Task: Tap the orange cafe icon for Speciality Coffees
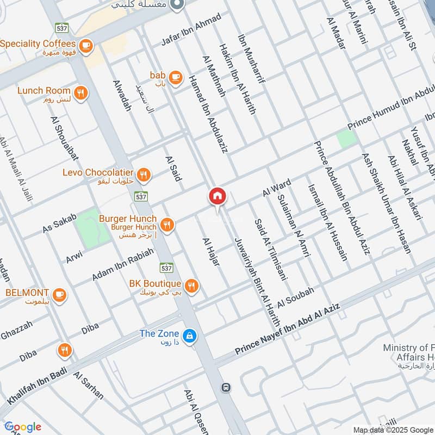(x=85, y=47)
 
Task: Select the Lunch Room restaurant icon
(x=80, y=94)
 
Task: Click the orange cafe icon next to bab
(x=175, y=78)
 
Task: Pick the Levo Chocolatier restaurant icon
(x=143, y=175)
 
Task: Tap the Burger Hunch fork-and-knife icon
(x=167, y=224)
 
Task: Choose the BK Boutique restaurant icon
(x=191, y=286)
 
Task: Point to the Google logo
(x=23, y=427)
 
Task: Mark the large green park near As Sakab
(x=92, y=228)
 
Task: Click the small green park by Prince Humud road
(x=346, y=139)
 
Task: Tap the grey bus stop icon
(x=226, y=388)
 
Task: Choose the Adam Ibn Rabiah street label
(x=122, y=264)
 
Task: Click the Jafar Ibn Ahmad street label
(x=191, y=30)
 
